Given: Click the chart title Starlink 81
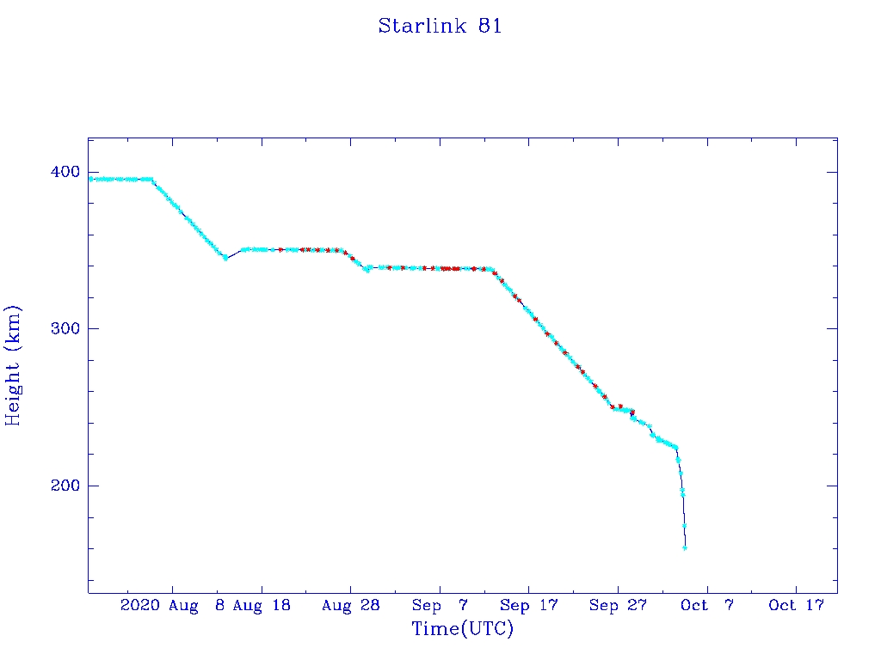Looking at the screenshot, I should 440,26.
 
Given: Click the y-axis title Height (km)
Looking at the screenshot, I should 13,365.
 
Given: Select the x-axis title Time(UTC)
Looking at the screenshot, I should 462,629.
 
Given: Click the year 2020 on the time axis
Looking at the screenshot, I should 139,606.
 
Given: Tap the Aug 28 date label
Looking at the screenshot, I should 351,606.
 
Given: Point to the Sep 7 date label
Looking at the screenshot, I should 440,606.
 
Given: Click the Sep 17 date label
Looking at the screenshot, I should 528,606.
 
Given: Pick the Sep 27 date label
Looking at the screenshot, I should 618,606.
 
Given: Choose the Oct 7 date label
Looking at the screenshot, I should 706,606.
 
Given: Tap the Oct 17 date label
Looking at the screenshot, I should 796,606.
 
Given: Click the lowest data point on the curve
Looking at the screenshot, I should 685,547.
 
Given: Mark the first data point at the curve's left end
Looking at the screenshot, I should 91,179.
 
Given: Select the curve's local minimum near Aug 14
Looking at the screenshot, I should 225,258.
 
